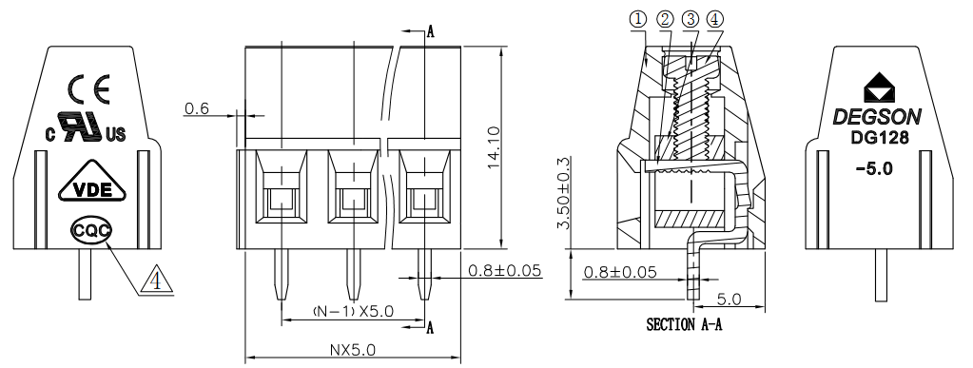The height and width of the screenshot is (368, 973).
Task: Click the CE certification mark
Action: coord(89,88)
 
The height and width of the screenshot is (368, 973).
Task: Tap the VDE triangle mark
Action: coord(92,182)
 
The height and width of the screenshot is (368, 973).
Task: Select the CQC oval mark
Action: coord(91,231)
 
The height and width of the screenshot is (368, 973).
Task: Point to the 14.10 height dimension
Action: coord(494,147)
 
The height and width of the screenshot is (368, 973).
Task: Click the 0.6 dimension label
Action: coord(197,108)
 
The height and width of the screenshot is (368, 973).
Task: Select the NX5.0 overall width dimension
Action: coord(352,350)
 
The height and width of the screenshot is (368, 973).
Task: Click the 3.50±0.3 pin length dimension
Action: coord(563,193)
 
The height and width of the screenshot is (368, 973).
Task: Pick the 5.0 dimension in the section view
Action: coord(729,300)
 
